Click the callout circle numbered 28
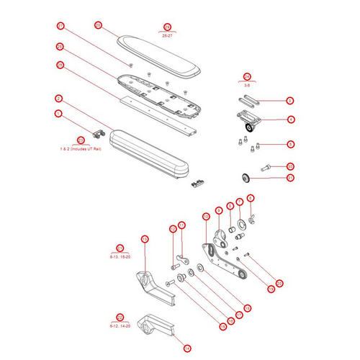[98, 25]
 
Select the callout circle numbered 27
[60, 26]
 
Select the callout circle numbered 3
[290, 101]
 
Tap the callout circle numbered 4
[290, 120]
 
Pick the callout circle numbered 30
[290, 166]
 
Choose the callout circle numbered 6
[251, 198]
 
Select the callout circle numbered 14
[187, 348]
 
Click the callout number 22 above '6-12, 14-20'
[120, 317]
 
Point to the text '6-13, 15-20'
[120, 256]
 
